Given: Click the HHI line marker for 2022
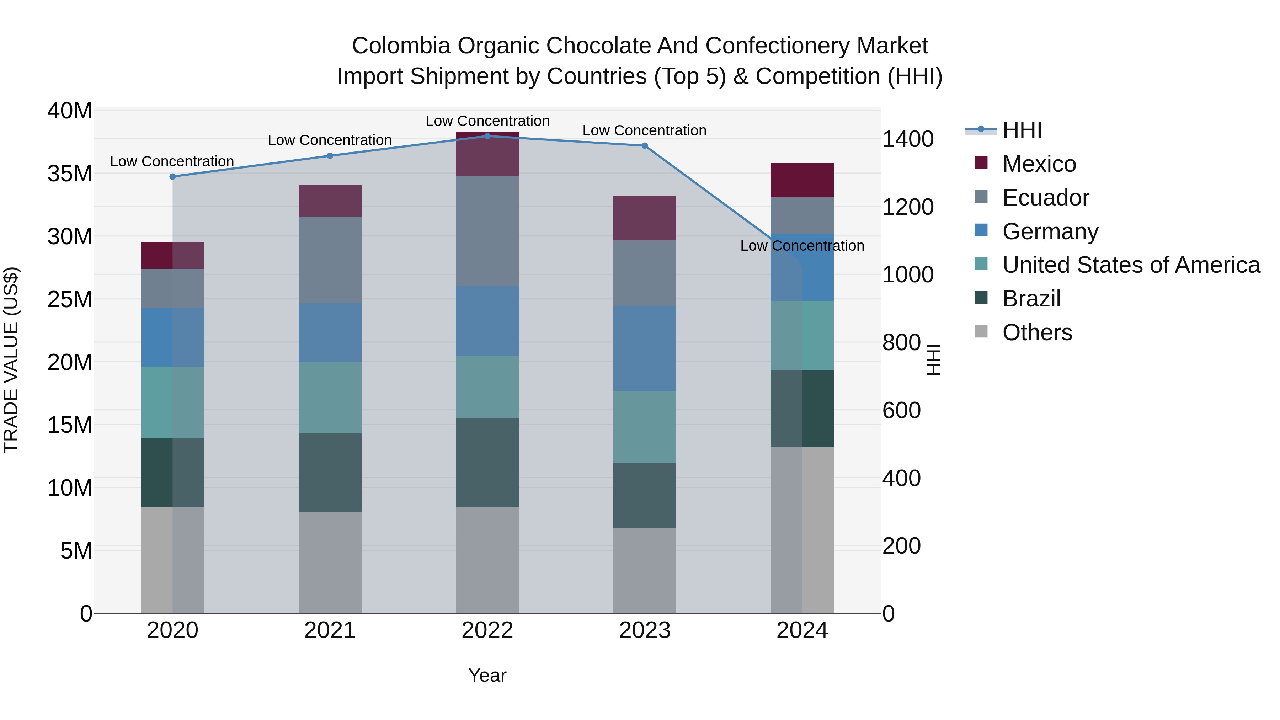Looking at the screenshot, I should (487, 136).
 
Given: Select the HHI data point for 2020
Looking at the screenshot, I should (172, 176).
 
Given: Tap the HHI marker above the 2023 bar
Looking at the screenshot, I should (645, 145).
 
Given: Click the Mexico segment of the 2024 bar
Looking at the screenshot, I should (802, 180).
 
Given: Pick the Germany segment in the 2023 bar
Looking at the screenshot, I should (645, 348).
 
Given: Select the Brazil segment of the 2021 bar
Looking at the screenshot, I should (330, 472).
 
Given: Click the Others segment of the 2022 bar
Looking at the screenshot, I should (487, 560).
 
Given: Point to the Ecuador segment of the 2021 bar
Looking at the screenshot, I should (330, 260).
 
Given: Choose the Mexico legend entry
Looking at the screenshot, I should (1039, 164).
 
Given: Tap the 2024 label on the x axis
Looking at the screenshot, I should (802, 630).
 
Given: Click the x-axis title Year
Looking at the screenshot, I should (487, 675).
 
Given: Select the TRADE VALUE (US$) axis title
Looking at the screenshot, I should (11, 360).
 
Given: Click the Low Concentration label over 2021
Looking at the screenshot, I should (330, 140).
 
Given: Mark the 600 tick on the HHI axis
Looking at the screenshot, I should (901, 410).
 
